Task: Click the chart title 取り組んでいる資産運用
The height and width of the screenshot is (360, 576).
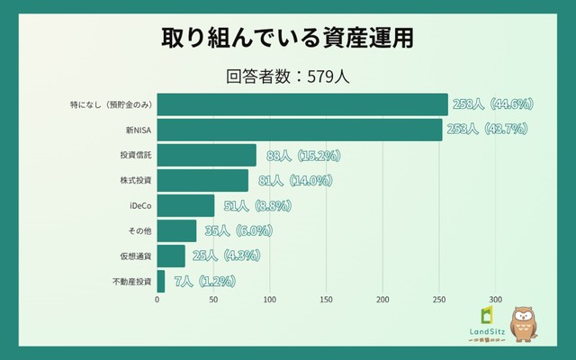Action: click(x=288, y=39)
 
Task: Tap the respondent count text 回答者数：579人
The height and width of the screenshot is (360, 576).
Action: click(x=288, y=76)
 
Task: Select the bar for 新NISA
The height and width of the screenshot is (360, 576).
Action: click(x=300, y=130)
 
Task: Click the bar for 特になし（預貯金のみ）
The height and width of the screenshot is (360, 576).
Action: click(x=302, y=104)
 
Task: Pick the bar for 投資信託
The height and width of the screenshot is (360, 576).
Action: click(x=207, y=155)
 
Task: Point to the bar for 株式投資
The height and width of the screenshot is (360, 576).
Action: click(x=202, y=180)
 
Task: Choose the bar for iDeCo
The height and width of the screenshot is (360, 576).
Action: click(x=186, y=205)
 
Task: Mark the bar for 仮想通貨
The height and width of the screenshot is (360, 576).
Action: click(x=171, y=256)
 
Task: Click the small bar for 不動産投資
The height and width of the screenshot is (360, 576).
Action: click(x=161, y=281)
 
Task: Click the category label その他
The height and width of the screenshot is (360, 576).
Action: click(x=139, y=231)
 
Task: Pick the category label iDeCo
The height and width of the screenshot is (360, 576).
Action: click(x=139, y=206)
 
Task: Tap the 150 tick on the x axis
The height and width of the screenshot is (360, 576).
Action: click(x=327, y=300)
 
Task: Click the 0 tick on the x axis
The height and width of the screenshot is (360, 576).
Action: click(x=157, y=300)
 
